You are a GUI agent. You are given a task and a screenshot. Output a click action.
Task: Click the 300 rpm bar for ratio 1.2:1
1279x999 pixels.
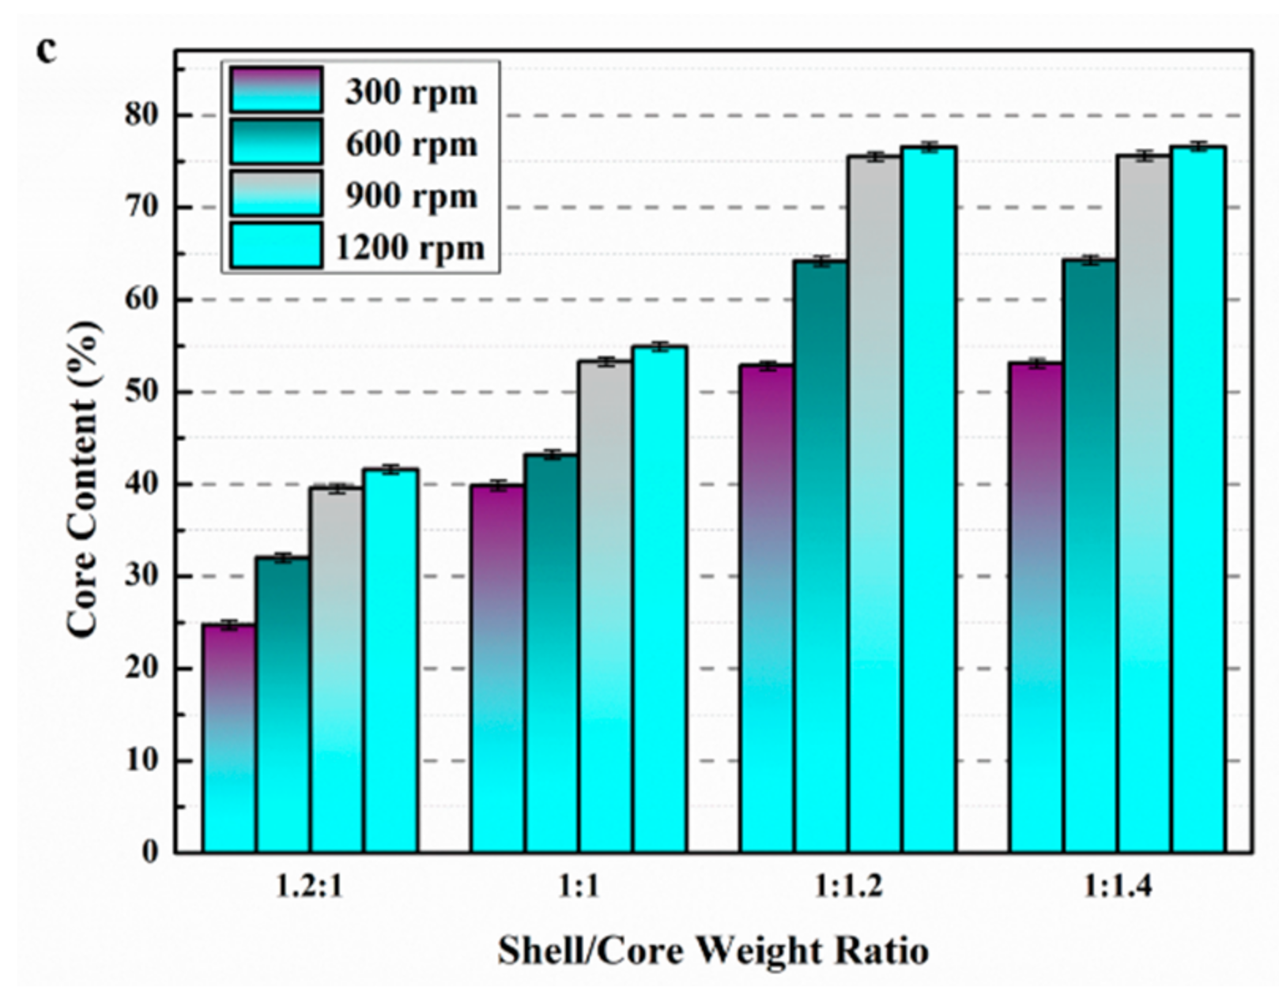point(228,738)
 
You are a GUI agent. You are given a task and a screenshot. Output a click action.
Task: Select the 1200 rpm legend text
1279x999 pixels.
point(409,248)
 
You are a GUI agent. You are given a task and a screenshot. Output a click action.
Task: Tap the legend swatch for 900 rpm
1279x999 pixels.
point(276,194)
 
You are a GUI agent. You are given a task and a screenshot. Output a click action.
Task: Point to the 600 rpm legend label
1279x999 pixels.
point(411,145)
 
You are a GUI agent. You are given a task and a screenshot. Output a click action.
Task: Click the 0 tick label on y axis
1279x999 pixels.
point(150,853)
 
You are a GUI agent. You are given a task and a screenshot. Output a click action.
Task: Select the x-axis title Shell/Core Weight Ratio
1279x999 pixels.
point(712,950)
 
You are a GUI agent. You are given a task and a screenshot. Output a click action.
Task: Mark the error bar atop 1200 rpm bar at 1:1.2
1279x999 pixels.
point(929,147)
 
